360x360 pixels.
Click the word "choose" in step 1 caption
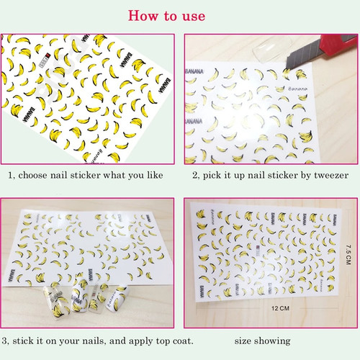click(x=35, y=175)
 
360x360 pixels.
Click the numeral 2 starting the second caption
click(x=195, y=175)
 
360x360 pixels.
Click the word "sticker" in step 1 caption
click(x=86, y=175)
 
